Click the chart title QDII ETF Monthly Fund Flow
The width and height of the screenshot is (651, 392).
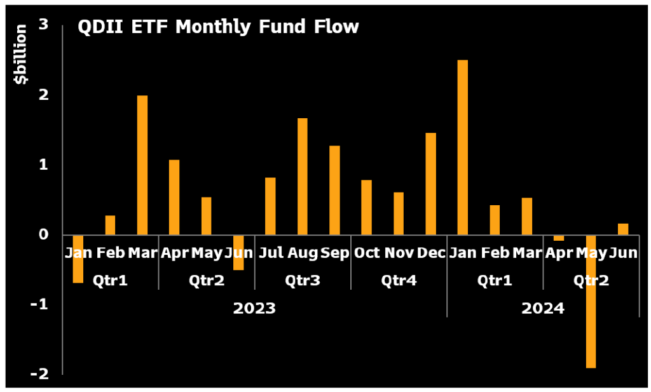click(217, 27)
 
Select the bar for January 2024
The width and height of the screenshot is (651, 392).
click(463, 147)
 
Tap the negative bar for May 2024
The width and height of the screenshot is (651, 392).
click(591, 301)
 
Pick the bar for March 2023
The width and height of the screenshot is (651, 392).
click(142, 165)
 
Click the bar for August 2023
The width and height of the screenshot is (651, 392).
click(302, 177)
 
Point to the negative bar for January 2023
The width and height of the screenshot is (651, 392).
click(78, 259)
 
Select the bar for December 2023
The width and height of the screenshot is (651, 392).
click(430, 184)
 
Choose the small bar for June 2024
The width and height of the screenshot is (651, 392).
click(622, 229)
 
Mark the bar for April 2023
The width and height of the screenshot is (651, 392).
click(174, 198)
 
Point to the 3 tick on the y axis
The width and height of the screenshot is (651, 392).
click(45, 25)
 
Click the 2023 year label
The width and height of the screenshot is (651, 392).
click(254, 309)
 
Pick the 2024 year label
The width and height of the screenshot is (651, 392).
click(542, 309)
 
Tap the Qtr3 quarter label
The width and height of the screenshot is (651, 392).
click(302, 280)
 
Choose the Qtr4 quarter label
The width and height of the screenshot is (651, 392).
click(398, 280)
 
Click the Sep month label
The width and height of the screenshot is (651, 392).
click(334, 253)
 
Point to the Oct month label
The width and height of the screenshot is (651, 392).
click(367, 253)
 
